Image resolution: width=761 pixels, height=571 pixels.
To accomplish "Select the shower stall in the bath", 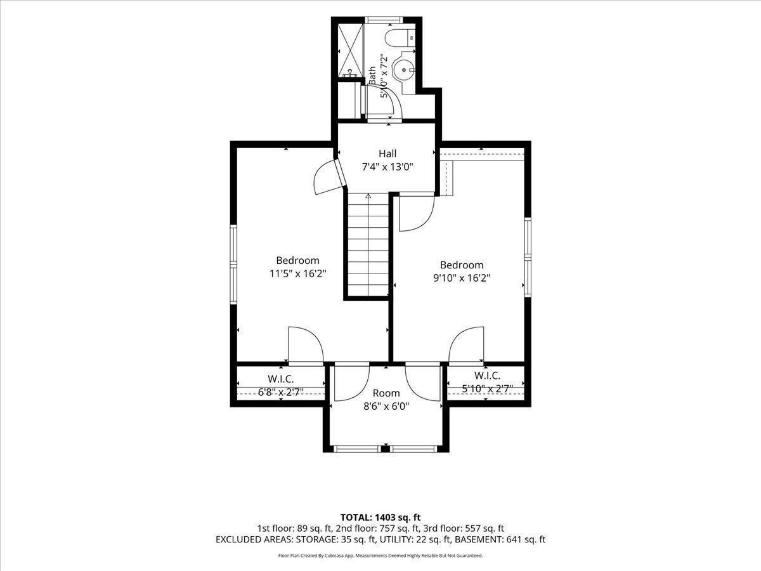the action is pyautogui.click(x=351, y=51).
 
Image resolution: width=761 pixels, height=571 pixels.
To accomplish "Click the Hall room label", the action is pyautogui.click(x=387, y=154).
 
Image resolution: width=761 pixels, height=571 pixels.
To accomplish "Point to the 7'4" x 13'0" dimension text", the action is pyautogui.click(x=387, y=167).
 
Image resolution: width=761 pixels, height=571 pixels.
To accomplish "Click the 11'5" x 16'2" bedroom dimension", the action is pyautogui.click(x=298, y=274).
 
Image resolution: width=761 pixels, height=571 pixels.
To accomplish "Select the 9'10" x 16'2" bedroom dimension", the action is pyautogui.click(x=462, y=278).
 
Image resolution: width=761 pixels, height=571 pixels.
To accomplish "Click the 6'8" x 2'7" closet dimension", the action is pyautogui.click(x=281, y=391).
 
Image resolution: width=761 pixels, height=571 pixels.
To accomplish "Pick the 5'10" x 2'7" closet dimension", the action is pyautogui.click(x=487, y=389).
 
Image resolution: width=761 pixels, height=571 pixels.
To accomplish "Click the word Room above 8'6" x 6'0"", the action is pyautogui.click(x=386, y=393).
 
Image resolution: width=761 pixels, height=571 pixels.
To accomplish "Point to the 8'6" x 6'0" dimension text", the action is pyautogui.click(x=386, y=406).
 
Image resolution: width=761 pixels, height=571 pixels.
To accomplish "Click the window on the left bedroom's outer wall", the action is pyautogui.click(x=233, y=265).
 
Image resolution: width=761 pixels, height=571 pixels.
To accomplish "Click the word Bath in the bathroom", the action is pyautogui.click(x=372, y=75).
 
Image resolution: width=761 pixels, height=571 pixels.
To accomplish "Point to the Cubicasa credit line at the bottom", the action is pyautogui.click(x=380, y=556).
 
